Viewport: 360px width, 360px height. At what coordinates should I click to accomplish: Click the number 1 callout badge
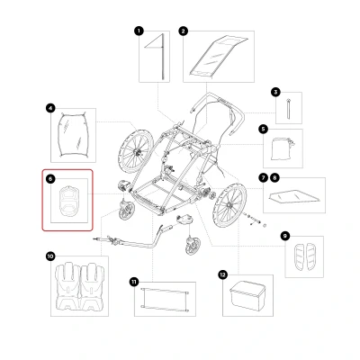(x=139, y=31)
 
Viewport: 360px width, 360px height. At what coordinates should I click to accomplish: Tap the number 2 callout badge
(x=184, y=31)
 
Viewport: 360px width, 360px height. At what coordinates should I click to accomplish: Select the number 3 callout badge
(x=275, y=92)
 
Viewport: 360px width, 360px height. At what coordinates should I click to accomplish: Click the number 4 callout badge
(x=50, y=108)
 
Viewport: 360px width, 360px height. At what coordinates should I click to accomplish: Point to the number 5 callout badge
(x=263, y=130)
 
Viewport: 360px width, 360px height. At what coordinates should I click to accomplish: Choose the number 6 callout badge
(x=50, y=179)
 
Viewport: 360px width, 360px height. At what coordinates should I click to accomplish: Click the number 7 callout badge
(x=263, y=178)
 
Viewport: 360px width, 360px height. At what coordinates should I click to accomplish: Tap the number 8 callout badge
(x=274, y=178)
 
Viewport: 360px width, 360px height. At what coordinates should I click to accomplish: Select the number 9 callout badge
(x=284, y=236)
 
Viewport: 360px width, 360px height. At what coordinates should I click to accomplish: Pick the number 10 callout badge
(x=50, y=256)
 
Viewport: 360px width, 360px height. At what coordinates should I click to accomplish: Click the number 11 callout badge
(x=134, y=282)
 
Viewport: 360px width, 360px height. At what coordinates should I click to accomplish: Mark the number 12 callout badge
(x=222, y=274)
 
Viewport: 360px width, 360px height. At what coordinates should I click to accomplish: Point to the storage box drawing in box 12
(x=247, y=296)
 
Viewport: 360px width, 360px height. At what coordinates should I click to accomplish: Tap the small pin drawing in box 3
(x=289, y=109)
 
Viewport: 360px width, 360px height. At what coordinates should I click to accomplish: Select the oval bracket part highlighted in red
(x=69, y=201)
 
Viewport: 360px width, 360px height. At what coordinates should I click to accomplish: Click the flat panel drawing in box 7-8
(x=294, y=195)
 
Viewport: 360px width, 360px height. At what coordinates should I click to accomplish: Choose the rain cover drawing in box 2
(x=219, y=56)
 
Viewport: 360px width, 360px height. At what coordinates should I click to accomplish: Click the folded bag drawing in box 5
(x=283, y=148)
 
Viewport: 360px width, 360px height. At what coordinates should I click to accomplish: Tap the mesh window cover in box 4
(x=73, y=135)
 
